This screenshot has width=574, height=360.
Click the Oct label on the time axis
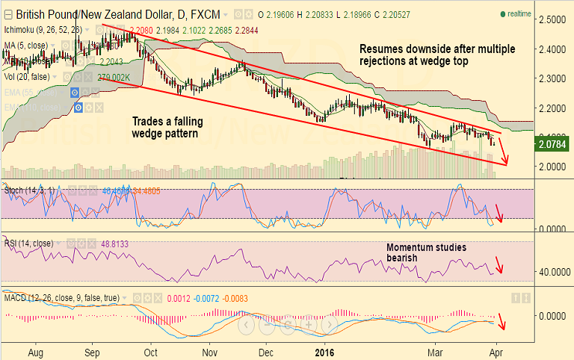[151, 350]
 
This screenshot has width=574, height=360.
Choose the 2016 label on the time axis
[324, 350]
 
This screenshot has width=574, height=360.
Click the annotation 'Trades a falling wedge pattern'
[167, 127]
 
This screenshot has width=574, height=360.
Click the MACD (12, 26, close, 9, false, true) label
[62, 298]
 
